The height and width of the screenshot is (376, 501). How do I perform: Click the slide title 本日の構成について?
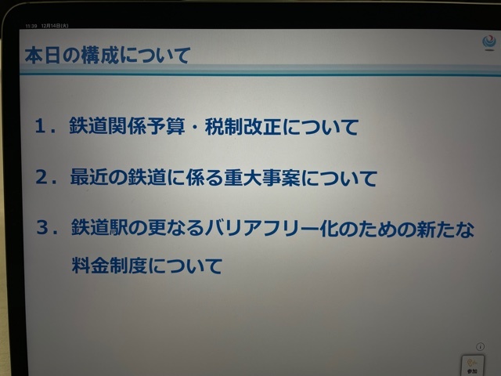(x=108, y=55)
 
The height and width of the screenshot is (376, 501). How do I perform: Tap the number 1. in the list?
(x=45, y=126)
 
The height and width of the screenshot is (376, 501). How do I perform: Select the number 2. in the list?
(x=46, y=177)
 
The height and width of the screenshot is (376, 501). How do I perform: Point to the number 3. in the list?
(x=47, y=228)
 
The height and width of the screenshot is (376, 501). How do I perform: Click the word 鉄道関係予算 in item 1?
(x=127, y=126)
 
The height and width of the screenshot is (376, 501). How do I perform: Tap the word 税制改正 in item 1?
(x=243, y=126)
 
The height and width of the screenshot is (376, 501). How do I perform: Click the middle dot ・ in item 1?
(x=195, y=127)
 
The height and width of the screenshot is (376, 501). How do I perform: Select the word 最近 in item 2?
(x=89, y=177)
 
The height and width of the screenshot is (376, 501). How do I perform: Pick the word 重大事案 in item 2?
(x=262, y=178)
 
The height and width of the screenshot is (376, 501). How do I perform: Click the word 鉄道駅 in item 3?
(x=99, y=228)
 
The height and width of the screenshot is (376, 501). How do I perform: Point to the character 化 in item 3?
(x=329, y=229)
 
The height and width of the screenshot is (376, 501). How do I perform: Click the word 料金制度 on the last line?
(x=110, y=266)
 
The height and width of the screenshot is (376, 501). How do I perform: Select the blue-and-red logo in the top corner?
(x=489, y=43)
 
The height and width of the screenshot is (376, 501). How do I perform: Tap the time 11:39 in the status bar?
(x=31, y=26)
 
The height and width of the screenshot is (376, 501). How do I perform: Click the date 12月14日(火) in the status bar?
(x=55, y=26)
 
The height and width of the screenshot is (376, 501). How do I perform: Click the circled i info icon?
(x=480, y=346)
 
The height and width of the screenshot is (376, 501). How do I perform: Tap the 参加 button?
(x=473, y=366)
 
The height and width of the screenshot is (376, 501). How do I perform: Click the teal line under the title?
(x=260, y=74)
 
